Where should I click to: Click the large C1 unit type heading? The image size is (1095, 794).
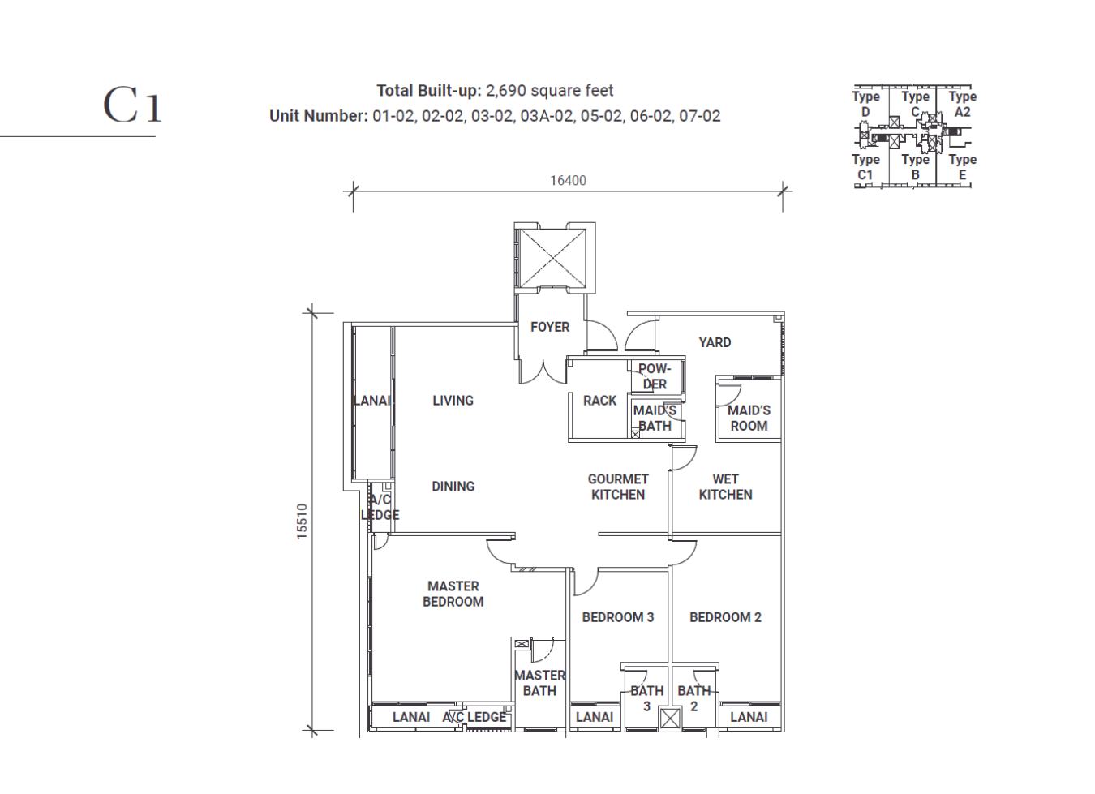point(131,105)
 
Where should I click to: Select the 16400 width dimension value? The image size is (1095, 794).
point(568,180)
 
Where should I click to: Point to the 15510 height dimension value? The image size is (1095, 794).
point(302,521)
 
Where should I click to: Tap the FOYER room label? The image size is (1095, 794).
point(549,327)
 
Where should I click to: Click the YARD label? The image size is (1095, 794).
point(715,342)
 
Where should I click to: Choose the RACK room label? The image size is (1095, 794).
point(599,401)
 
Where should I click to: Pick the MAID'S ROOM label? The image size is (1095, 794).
point(749,418)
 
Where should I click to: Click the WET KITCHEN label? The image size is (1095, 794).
point(725,487)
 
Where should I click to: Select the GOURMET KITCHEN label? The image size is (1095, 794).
point(617,487)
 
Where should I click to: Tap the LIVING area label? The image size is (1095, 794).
point(453,401)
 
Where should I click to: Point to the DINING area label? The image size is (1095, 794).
point(453,487)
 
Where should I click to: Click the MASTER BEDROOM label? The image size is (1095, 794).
point(453,594)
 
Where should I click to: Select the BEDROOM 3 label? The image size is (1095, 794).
point(617,617)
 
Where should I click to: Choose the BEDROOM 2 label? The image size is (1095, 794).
point(725,617)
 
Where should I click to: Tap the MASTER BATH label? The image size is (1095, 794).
point(539,683)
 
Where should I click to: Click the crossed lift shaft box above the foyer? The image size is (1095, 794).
point(552,258)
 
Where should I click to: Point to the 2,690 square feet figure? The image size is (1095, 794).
point(550,91)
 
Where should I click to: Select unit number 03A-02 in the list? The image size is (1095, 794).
point(546,116)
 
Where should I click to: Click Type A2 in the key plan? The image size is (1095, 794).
point(962,104)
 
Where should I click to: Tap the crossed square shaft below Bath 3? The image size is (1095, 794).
point(670,719)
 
